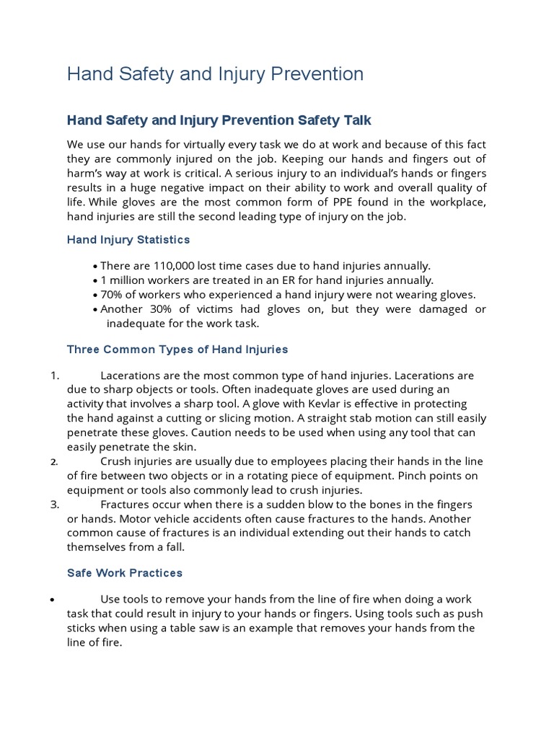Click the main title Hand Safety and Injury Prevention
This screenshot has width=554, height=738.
(215, 74)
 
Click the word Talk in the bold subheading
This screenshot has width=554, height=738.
(351, 120)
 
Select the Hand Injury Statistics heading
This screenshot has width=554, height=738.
(128, 239)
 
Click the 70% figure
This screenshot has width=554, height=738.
(112, 295)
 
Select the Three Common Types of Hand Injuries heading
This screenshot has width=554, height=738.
(177, 350)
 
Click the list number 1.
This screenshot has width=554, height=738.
(54, 375)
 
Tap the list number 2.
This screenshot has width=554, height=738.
(54, 462)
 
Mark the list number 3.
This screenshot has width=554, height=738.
(54, 504)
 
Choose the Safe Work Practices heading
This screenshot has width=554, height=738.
(125, 573)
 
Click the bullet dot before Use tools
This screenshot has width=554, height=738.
(53, 600)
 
